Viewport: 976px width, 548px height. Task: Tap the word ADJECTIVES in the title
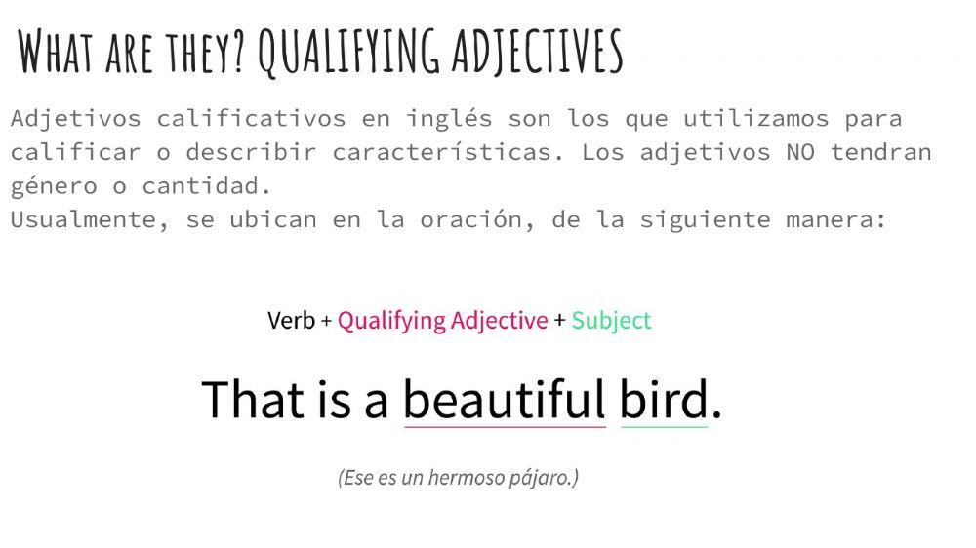537,52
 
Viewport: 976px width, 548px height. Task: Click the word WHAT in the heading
57,52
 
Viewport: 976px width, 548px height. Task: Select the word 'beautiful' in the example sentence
505,400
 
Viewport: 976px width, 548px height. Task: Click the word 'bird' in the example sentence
664,400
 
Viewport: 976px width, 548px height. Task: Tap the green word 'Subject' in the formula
611,321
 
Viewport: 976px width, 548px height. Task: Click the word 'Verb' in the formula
291,321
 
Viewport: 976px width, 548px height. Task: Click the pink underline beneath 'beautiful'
505,427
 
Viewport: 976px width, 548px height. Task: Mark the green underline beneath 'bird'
664,427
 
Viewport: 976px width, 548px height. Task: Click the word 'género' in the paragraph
55,186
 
